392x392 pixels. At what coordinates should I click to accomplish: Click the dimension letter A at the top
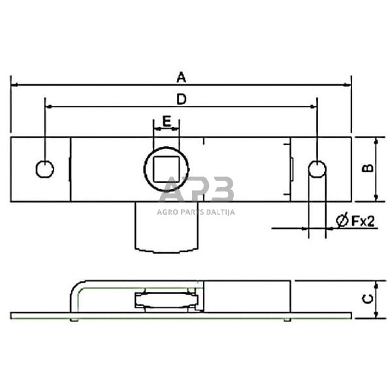pyautogui.click(x=182, y=77)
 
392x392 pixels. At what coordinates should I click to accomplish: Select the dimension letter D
pyautogui.click(x=182, y=99)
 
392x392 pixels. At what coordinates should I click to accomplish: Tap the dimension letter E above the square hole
pyautogui.click(x=167, y=121)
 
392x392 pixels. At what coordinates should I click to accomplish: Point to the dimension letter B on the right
pyautogui.click(x=368, y=168)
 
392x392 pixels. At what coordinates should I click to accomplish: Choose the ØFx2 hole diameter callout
pyautogui.click(x=355, y=221)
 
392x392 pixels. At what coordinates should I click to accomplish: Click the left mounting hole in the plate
pyautogui.click(x=44, y=169)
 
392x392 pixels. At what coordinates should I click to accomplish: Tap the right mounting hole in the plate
pyautogui.click(x=316, y=169)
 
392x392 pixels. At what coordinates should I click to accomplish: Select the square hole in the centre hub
pyautogui.click(x=167, y=169)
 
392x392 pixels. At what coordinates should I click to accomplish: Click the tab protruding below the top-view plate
pyautogui.click(x=166, y=225)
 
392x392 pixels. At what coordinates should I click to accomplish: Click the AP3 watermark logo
pyautogui.click(x=196, y=193)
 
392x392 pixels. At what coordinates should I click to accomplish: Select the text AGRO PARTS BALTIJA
pyautogui.click(x=196, y=211)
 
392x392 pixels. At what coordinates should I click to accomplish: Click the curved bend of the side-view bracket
pyautogui.click(x=77, y=287)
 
